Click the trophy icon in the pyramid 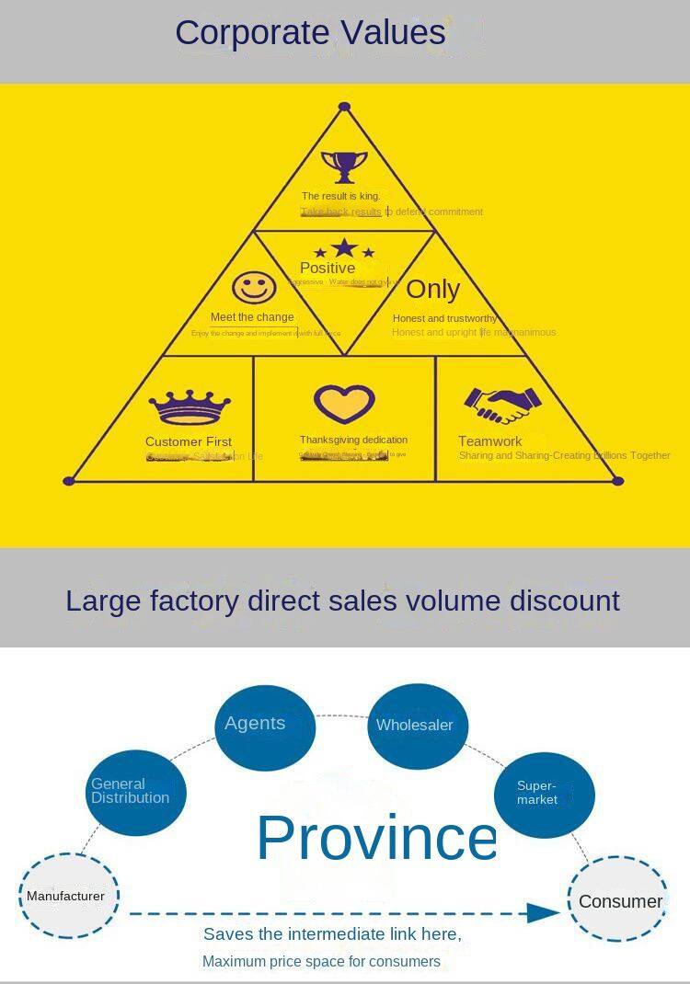344,167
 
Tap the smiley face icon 254,287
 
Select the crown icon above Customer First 190,406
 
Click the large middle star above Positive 344,248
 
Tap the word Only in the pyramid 432,289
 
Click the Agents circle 265,727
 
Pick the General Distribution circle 136,792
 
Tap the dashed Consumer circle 617,900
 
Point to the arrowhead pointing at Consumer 544,913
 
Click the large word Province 376,838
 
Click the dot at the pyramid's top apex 344,107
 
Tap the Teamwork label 490,441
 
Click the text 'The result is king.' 340,196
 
